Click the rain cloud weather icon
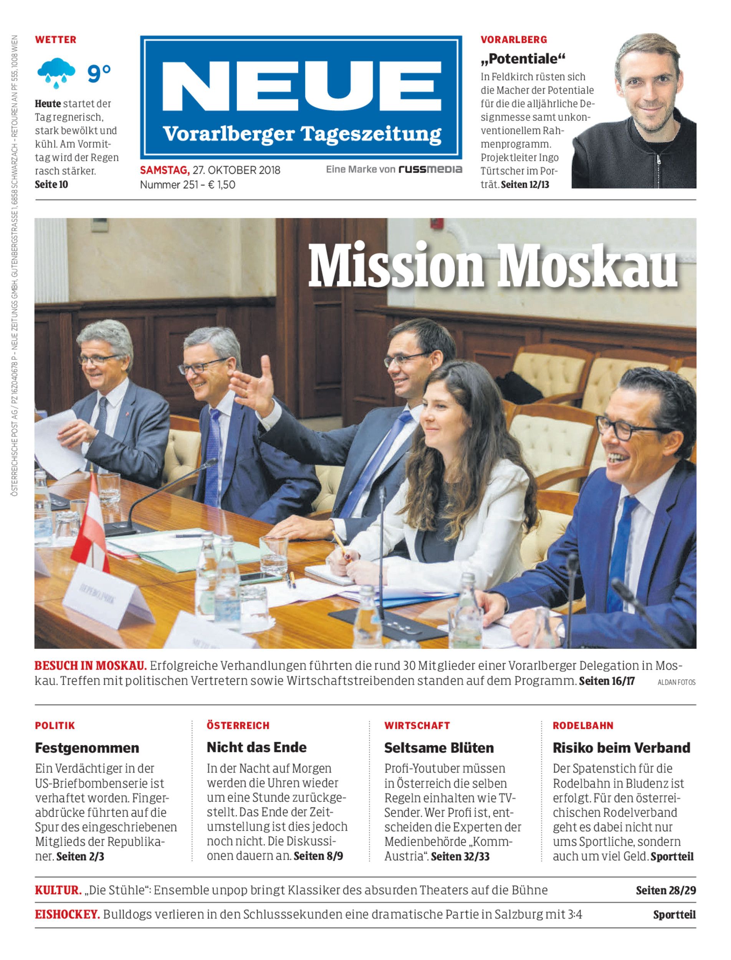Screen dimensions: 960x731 coord(56,72)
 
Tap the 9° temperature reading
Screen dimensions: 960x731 coord(99,73)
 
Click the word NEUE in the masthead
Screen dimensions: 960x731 coord(301,86)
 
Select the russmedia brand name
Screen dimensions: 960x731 coord(430,169)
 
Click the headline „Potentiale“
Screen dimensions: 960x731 coord(523,58)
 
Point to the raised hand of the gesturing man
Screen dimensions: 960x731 coord(252,386)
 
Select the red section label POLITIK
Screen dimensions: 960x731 coord(55,725)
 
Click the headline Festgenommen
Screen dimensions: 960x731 coord(87,748)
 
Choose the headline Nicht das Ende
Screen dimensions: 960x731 coord(256,748)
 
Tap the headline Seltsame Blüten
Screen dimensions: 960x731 coord(438,748)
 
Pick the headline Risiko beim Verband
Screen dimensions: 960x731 coord(621,748)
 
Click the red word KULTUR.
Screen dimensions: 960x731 coord(58,890)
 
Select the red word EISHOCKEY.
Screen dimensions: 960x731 coord(67,914)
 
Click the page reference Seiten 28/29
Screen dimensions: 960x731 coord(666,890)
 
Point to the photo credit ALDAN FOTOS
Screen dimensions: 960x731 coord(676,682)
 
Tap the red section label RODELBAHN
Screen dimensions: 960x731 coord(583,725)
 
